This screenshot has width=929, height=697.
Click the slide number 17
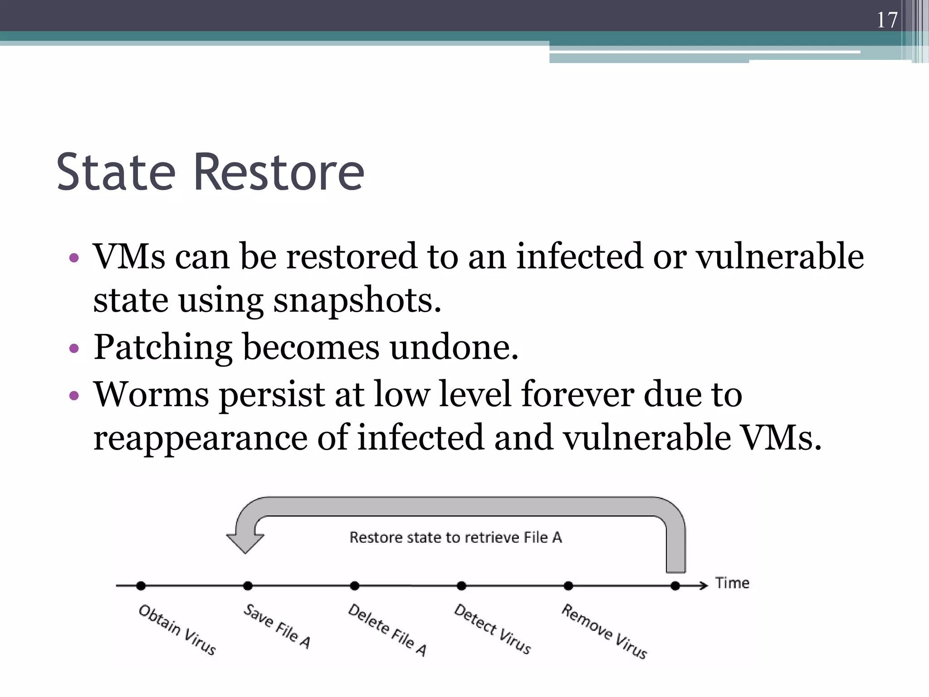point(887,20)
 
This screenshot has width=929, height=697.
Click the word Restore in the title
point(279,172)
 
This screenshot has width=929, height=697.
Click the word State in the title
point(116,172)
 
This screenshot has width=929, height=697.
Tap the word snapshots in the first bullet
point(357,301)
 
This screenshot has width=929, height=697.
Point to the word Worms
point(151,394)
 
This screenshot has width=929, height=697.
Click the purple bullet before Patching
point(74,349)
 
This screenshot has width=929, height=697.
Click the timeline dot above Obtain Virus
point(141,586)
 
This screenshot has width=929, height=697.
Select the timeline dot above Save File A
point(248,586)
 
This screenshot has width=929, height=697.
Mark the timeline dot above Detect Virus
point(461,586)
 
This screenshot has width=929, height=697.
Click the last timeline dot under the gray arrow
point(675,586)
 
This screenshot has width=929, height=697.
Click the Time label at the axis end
point(732,583)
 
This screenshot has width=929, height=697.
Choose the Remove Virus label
point(604,631)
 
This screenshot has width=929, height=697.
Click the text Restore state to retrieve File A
point(455,537)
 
